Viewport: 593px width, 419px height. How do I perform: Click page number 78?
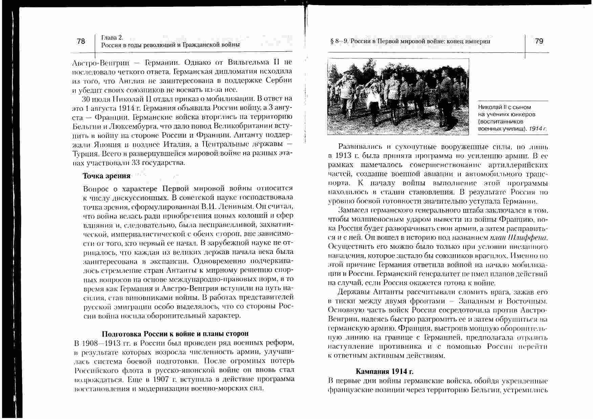click(x=81, y=41)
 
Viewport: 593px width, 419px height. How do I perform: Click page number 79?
click(x=539, y=41)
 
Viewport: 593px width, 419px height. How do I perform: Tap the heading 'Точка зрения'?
click(x=107, y=176)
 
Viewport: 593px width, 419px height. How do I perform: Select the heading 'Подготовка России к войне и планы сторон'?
click(x=175, y=334)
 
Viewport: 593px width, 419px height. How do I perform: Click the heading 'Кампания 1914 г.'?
click(x=385, y=371)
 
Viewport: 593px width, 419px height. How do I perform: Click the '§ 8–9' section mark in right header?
click(x=339, y=41)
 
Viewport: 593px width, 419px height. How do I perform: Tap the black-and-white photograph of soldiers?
click(x=398, y=96)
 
